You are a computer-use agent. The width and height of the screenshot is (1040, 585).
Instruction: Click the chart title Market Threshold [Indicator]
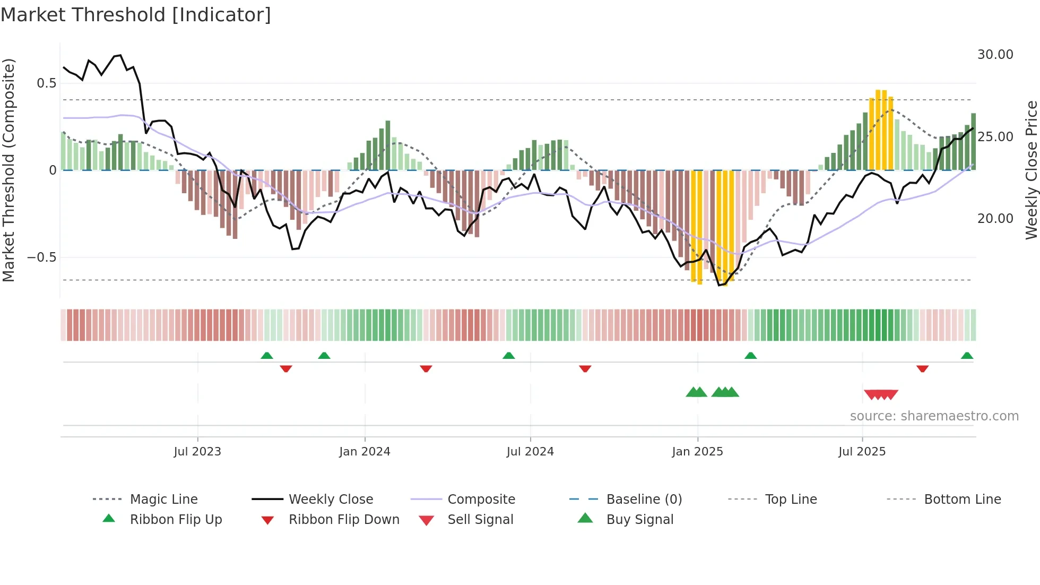[x=136, y=15]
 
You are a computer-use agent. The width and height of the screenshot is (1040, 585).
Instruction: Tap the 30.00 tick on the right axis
[x=995, y=55]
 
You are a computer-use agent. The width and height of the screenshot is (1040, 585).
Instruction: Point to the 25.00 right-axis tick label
[x=995, y=137]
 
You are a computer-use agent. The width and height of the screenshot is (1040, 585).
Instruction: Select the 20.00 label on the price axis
[x=995, y=219]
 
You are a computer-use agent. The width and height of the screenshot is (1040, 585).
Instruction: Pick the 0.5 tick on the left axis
[x=46, y=83]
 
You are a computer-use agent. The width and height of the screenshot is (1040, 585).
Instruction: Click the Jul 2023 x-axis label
[x=197, y=452]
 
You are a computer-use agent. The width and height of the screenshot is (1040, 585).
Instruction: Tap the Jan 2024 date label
[x=365, y=452]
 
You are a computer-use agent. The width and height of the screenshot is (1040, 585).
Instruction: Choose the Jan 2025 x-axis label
[x=697, y=452]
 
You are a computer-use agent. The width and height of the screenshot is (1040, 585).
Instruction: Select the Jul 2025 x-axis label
[x=862, y=452]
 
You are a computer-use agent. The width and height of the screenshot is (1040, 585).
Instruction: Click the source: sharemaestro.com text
[x=934, y=416]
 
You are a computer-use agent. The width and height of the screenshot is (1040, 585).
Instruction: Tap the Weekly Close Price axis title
[x=1031, y=170]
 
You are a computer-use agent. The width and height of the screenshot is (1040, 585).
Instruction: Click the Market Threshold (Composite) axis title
[x=8, y=170]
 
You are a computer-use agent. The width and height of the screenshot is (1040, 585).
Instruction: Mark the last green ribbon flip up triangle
[x=967, y=356]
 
